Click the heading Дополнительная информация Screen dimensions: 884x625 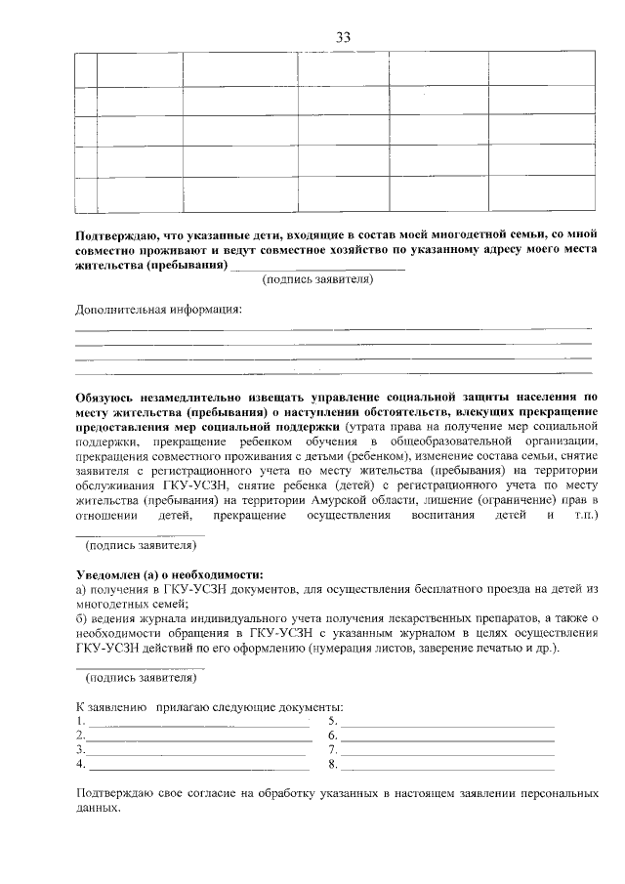pos(158,311)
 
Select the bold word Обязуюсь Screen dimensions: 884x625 pos(107,398)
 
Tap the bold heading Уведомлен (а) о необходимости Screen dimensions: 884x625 pos(170,574)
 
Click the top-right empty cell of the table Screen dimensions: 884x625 pos(542,69)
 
